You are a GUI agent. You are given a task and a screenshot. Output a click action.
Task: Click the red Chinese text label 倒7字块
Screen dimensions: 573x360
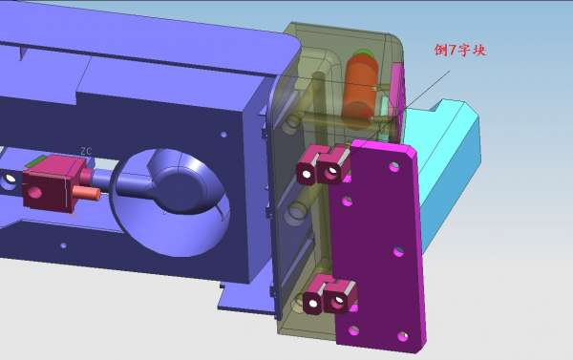[x=460, y=50]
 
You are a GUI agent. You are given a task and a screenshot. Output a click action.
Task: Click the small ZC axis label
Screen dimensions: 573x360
[x=86, y=151]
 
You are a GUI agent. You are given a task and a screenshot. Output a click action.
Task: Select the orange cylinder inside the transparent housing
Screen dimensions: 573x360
[x=360, y=88]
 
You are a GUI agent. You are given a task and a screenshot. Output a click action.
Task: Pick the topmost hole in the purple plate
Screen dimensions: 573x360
[x=393, y=167]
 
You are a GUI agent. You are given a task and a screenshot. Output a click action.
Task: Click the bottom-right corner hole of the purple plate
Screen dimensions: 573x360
[x=403, y=336]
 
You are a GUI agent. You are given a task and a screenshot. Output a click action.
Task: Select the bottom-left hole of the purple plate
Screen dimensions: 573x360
[x=353, y=331]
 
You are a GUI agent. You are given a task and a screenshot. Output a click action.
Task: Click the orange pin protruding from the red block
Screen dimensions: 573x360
[x=86, y=193]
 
